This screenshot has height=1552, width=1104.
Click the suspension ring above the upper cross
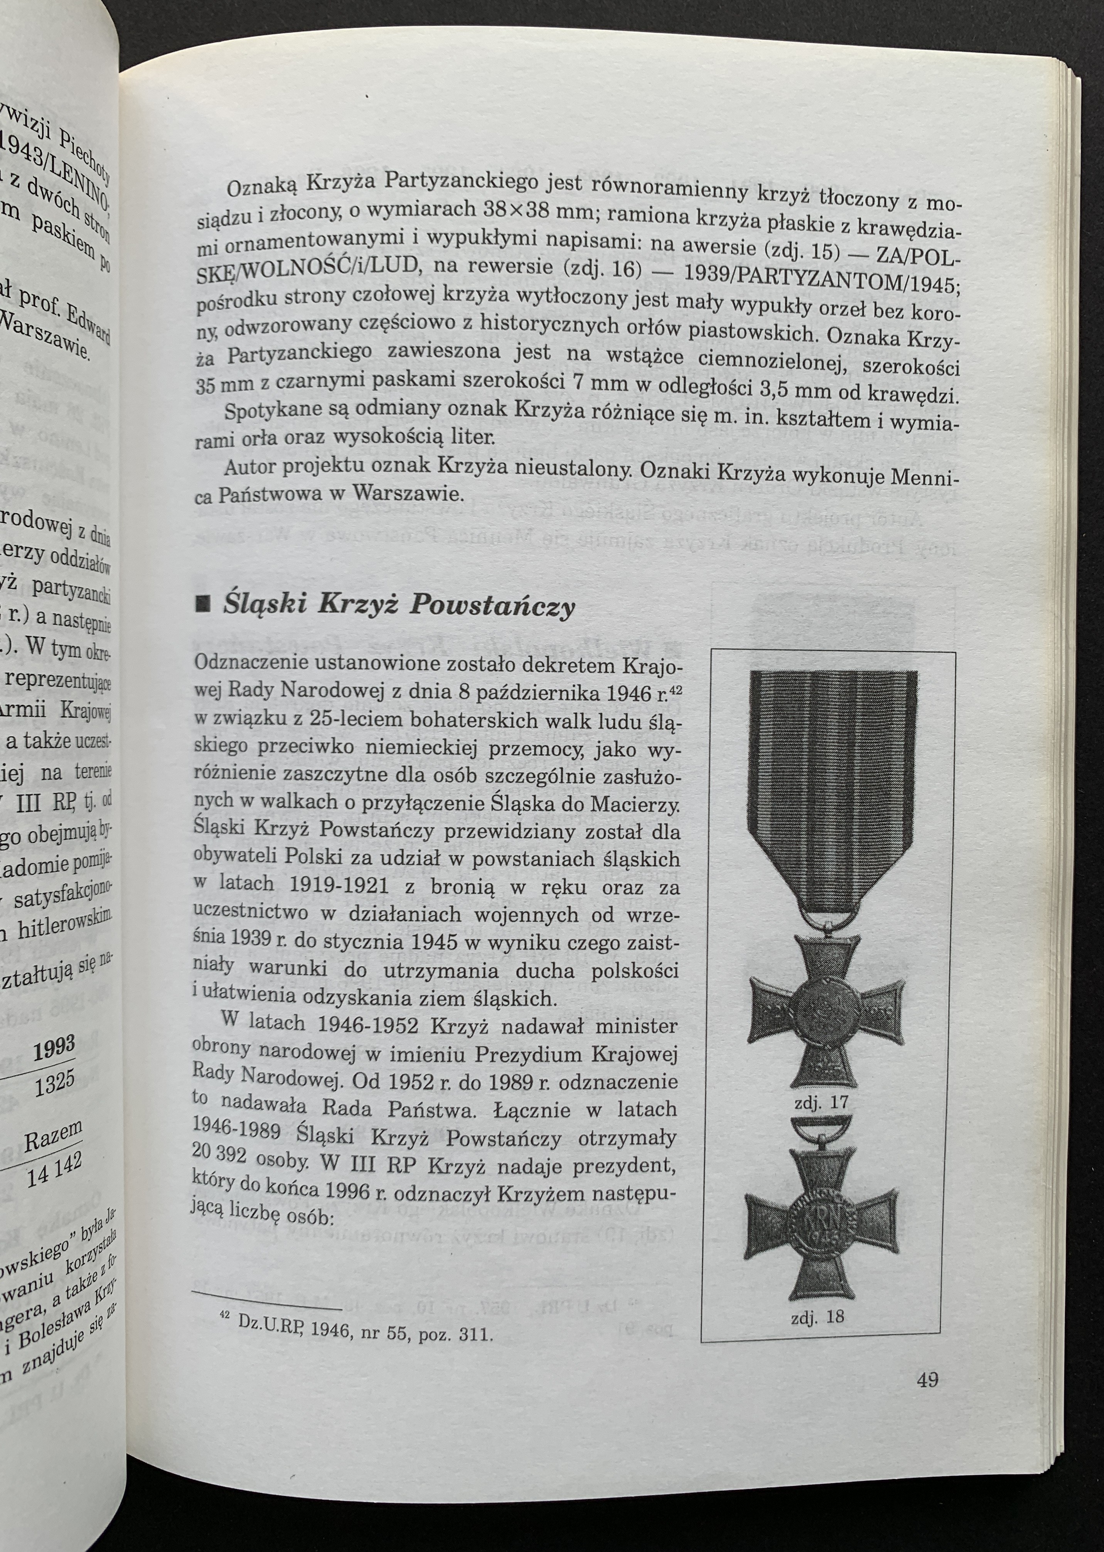827,918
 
